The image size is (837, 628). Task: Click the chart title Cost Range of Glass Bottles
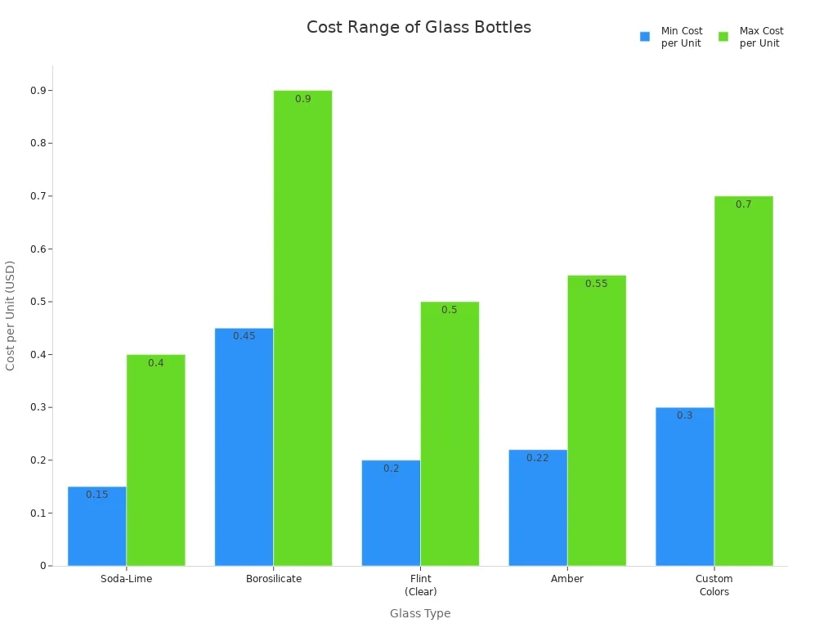418,27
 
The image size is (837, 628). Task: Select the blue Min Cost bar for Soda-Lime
96,527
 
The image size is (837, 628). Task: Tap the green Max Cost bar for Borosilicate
302,327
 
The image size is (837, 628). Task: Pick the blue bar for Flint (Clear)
391,514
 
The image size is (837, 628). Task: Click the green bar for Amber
597,421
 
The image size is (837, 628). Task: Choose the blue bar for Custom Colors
684,487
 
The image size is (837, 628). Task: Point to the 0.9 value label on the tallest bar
303,99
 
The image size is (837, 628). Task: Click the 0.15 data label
97,495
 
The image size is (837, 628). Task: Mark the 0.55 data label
597,284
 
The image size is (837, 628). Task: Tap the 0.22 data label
538,458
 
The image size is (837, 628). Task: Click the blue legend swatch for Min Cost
645,37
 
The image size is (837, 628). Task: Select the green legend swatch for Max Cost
723,37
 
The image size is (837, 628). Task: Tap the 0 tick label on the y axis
43,566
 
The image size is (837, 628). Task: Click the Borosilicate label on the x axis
274,579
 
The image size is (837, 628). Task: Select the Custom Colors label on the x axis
714,585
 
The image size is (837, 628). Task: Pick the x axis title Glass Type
420,613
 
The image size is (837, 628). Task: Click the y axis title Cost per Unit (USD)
11,316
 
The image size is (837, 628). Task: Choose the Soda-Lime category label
127,579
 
